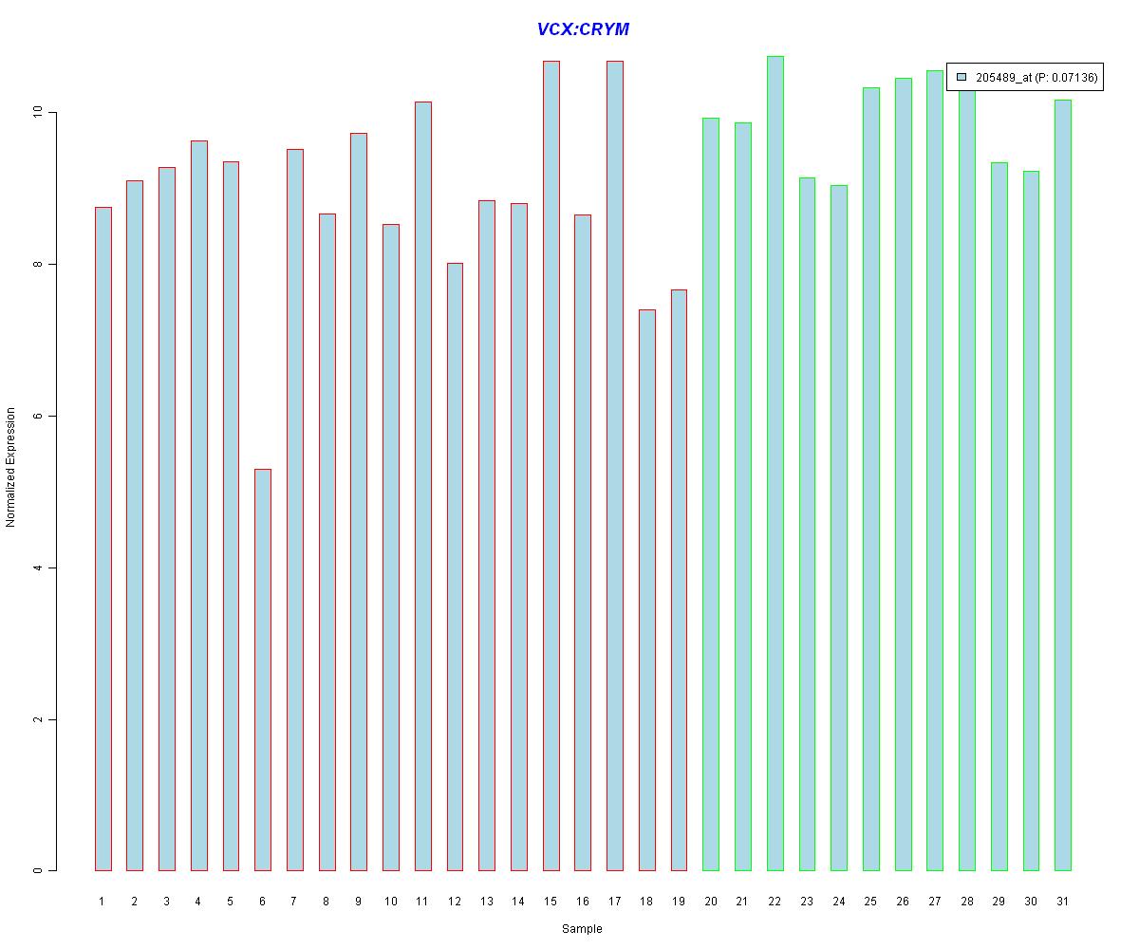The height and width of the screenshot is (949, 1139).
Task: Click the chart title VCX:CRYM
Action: tap(583, 29)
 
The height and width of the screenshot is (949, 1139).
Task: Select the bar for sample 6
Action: tap(263, 669)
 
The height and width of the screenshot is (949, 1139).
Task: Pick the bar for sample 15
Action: tap(551, 465)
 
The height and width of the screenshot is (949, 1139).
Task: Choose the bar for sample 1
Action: tap(103, 538)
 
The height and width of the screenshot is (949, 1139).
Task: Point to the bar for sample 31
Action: tap(1062, 485)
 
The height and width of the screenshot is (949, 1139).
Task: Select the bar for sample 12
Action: tap(455, 567)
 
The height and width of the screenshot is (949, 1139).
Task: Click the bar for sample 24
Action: tap(838, 528)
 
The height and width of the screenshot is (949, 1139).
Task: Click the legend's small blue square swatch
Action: tap(961, 78)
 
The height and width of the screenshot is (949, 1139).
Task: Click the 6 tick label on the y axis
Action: tap(38, 416)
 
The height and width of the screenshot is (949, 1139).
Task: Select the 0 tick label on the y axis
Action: tap(38, 870)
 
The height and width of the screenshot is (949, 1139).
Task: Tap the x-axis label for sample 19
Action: tap(679, 901)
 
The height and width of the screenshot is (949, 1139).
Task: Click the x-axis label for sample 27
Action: tap(934, 901)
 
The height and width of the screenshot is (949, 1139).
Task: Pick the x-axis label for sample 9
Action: tap(359, 901)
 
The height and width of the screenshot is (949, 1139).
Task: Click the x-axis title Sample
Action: tap(582, 929)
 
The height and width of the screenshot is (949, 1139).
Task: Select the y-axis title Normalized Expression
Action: tap(11, 467)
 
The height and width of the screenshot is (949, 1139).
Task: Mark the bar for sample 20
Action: tap(710, 493)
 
